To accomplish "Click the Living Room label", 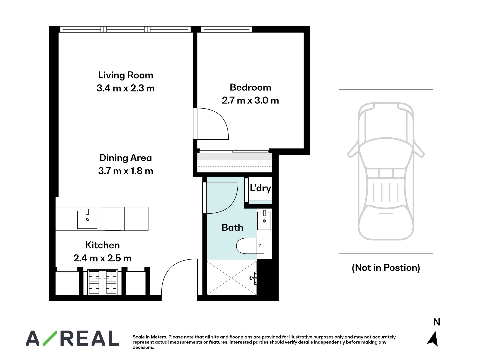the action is click(126, 75).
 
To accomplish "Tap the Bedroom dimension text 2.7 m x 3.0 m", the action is click(250, 100).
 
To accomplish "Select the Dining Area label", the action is click(126, 158).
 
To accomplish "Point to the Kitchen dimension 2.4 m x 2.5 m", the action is click(102, 258).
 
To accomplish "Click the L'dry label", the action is click(260, 188).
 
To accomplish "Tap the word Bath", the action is click(232, 227).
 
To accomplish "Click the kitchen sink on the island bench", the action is click(87, 219).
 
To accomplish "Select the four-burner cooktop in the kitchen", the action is click(102, 282).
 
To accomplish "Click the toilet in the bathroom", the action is click(250, 246).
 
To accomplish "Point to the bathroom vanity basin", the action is click(264, 220).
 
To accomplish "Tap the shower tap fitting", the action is click(253, 278).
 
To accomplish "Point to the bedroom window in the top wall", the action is click(226, 29).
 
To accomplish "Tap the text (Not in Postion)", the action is click(386, 268).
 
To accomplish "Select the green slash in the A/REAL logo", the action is click(50, 338).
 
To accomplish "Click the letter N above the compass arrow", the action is click(437, 322).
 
